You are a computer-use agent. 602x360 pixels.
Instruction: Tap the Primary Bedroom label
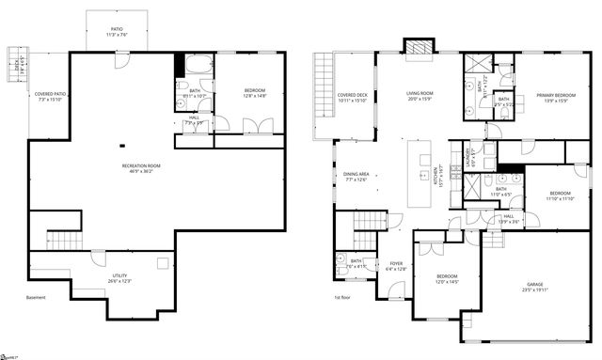click(x=556, y=99)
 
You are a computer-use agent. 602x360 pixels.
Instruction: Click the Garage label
click(x=535, y=288)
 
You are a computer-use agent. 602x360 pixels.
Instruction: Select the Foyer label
click(x=395, y=266)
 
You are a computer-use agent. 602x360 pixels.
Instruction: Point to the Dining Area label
click(x=356, y=177)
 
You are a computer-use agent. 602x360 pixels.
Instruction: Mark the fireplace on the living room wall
click(x=415, y=46)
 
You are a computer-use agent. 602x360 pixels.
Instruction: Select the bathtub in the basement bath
click(x=198, y=67)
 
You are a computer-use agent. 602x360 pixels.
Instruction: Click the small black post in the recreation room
click(x=121, y=146)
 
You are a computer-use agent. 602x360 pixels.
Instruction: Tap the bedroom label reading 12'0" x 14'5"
click(x=446, y=279)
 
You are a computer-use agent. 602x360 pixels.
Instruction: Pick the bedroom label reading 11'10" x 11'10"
click(x=562, y=196)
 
